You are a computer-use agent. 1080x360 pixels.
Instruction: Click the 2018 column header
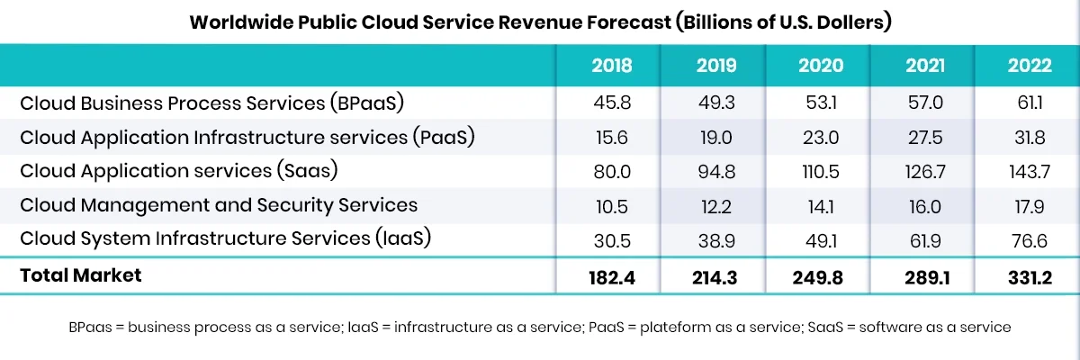611,66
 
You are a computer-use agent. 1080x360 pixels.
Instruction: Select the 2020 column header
821,66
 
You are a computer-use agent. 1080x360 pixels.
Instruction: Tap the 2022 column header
1030,66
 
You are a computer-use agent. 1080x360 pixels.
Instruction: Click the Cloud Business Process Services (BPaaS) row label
211,103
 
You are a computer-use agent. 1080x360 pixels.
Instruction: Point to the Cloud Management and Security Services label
219,205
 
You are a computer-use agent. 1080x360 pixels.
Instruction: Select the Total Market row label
81,275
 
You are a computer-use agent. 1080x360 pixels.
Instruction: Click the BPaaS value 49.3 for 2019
716,103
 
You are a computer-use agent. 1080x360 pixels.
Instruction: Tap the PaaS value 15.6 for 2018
611,137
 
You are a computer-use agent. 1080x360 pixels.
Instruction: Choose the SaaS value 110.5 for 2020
821,171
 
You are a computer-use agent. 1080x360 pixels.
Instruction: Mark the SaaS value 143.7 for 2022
1030,171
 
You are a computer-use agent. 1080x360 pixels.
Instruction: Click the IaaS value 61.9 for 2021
925,239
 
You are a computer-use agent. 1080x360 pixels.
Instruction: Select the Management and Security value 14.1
821,205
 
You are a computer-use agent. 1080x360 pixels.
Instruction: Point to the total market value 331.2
1030,277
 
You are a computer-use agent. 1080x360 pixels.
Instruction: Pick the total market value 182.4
611,277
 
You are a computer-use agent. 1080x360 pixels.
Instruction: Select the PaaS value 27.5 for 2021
925,137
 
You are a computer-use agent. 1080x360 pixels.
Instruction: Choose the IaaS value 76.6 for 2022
1030,239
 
